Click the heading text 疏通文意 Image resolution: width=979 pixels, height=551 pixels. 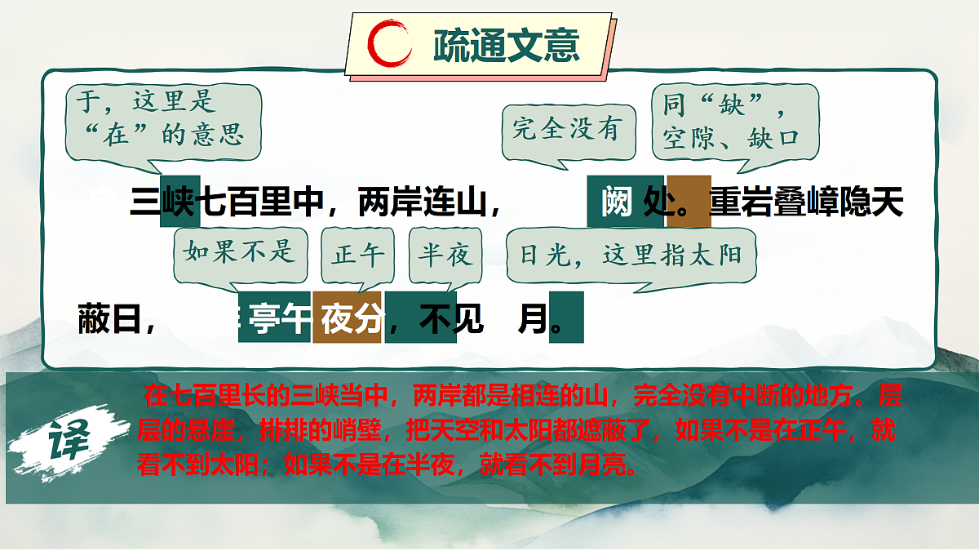507,46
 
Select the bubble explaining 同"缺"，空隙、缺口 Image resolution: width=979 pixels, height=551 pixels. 734,123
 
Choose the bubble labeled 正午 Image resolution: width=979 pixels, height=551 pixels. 358,256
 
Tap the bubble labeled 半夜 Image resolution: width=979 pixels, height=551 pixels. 445,256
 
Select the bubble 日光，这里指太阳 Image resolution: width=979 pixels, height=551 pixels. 631,255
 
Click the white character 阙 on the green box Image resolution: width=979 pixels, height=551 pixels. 617,202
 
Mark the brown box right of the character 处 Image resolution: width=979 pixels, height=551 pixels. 689,202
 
